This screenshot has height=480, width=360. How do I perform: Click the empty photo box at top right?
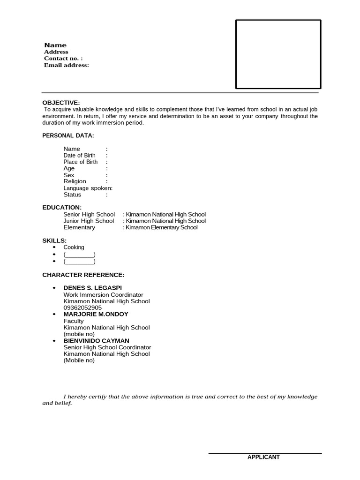click(278, 54)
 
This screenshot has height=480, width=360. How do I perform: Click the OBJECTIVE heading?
click(61, 103)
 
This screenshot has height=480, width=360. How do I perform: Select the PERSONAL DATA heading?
click(68, 135)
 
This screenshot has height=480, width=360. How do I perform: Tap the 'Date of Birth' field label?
click(79, 155)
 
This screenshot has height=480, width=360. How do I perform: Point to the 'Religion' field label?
click(75, 181)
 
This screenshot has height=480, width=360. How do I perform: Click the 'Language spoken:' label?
click(88, 188)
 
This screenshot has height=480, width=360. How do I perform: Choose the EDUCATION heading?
click(62, 207)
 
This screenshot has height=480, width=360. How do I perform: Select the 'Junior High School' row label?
click(89, 221)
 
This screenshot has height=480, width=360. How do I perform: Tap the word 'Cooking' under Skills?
click(74, 247)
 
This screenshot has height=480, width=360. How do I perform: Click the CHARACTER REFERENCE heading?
click(83, 275)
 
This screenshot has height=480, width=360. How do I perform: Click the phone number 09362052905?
click(82, 307)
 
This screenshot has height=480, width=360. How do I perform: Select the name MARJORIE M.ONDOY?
click(96, 314)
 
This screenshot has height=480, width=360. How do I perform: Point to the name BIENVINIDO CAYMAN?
click(97, 341)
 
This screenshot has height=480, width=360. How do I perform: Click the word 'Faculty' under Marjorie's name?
click(74, 321)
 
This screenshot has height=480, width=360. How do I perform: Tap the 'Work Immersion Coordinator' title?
click(103, 295)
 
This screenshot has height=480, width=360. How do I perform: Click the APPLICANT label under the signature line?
click(263, 457)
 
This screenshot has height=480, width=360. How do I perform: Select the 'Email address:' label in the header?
click(66, 65)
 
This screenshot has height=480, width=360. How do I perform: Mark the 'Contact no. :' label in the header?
click(63, 59)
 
